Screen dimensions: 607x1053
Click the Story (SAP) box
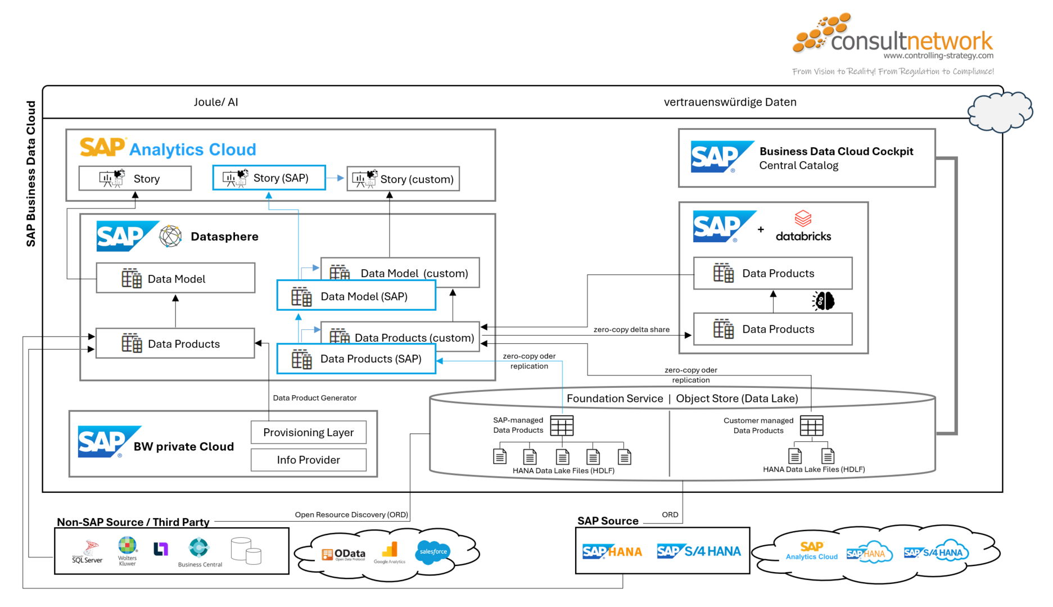(269, 178)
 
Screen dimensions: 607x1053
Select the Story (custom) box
(403, 179)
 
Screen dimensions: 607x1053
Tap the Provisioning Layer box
(308, 432)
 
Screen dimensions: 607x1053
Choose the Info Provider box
(308, 460)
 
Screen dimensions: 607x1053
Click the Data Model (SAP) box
(356, 296)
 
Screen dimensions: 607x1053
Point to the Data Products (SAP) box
(356, 359)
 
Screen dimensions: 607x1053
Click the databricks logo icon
(803, 218)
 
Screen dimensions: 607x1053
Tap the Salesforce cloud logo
(432, 551)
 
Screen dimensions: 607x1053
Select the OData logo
(344, 554)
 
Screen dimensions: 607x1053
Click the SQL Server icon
(88, 551)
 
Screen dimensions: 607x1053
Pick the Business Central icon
(199, 548)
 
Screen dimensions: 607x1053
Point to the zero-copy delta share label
(631, 329)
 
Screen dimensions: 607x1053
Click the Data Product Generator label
(314, 398)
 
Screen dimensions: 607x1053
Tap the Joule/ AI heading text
(216, 102)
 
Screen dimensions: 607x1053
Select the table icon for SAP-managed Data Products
(562, 425)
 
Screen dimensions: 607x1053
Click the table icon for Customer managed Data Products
(811, 425)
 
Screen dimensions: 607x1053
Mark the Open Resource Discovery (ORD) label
(351, 514)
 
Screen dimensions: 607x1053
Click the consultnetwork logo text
(911, 40)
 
